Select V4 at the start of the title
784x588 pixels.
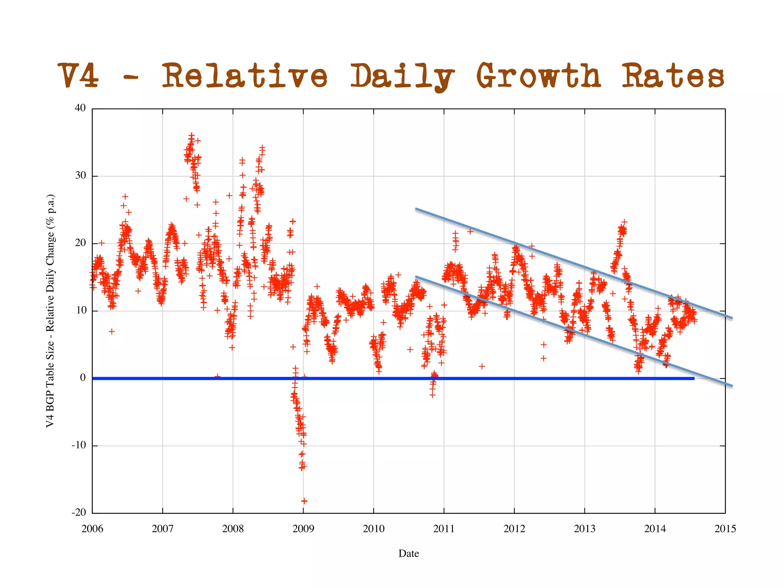(x=79, y=75)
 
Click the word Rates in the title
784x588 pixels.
(x=672, y=75)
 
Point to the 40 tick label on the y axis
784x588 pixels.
(x=80, y=108)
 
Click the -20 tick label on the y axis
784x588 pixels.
(x=79, y=513)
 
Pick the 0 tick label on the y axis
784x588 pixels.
(x=83, y=378)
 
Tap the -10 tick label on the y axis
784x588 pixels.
(x=79, y=445)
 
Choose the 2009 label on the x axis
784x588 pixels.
(x=303, y=529)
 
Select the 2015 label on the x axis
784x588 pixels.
(x=725, y=529)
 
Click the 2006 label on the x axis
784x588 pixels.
(x=92, y=529)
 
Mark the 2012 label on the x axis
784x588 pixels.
(x=514, y=529)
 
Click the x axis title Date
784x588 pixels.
(x=408, y=554)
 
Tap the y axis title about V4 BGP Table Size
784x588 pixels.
(x=51, y=311)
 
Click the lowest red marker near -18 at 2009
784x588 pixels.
(x=304, y=501)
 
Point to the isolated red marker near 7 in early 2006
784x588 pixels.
(x=111, y=331)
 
